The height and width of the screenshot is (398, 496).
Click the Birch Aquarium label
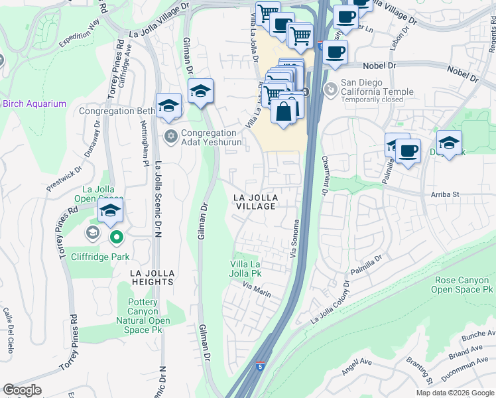(34, 103)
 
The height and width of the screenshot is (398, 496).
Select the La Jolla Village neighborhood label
(255, 202)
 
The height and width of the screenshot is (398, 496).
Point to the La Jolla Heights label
(142, 277)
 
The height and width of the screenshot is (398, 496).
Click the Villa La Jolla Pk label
(246, 269)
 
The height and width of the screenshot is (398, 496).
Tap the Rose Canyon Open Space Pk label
(462, 285)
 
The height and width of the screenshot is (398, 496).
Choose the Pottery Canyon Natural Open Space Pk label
(139, 316)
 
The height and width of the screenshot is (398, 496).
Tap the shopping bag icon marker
(283, 111)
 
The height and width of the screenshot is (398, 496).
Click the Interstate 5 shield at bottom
(261, 365)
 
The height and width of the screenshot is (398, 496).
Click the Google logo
(23, 390)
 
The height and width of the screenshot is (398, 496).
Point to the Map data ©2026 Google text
(455, 393)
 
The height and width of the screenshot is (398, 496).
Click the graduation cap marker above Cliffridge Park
(110, 212)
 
